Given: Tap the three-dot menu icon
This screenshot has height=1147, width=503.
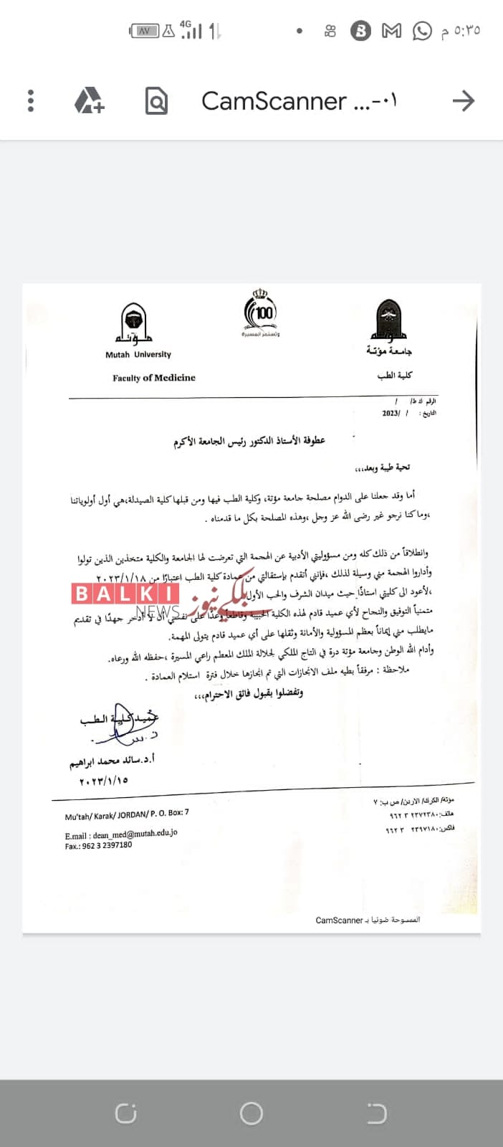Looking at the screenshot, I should [x=30, y=100].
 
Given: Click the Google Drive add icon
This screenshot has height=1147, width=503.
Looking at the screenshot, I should [x=90, y=100].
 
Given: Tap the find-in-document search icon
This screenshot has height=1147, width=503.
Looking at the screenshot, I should [x=155, y=101].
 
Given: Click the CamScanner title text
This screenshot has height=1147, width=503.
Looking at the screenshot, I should [x=299, y=101].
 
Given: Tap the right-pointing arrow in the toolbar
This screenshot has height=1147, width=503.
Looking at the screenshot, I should [x=464, y=101].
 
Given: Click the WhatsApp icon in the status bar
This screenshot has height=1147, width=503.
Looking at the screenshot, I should [x=423, y=31].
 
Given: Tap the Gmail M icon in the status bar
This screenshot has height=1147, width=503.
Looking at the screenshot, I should [x=391, y=31].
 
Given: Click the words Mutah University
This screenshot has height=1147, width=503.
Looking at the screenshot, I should [x=138, y=354].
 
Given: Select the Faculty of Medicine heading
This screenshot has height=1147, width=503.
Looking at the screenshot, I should [x=153, y=378].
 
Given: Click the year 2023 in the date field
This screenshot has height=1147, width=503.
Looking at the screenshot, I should [x=391, y=413].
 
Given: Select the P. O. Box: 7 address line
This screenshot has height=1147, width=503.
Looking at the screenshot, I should [x=127, y=814].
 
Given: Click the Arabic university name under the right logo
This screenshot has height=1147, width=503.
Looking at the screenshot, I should [x=389, y=351].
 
